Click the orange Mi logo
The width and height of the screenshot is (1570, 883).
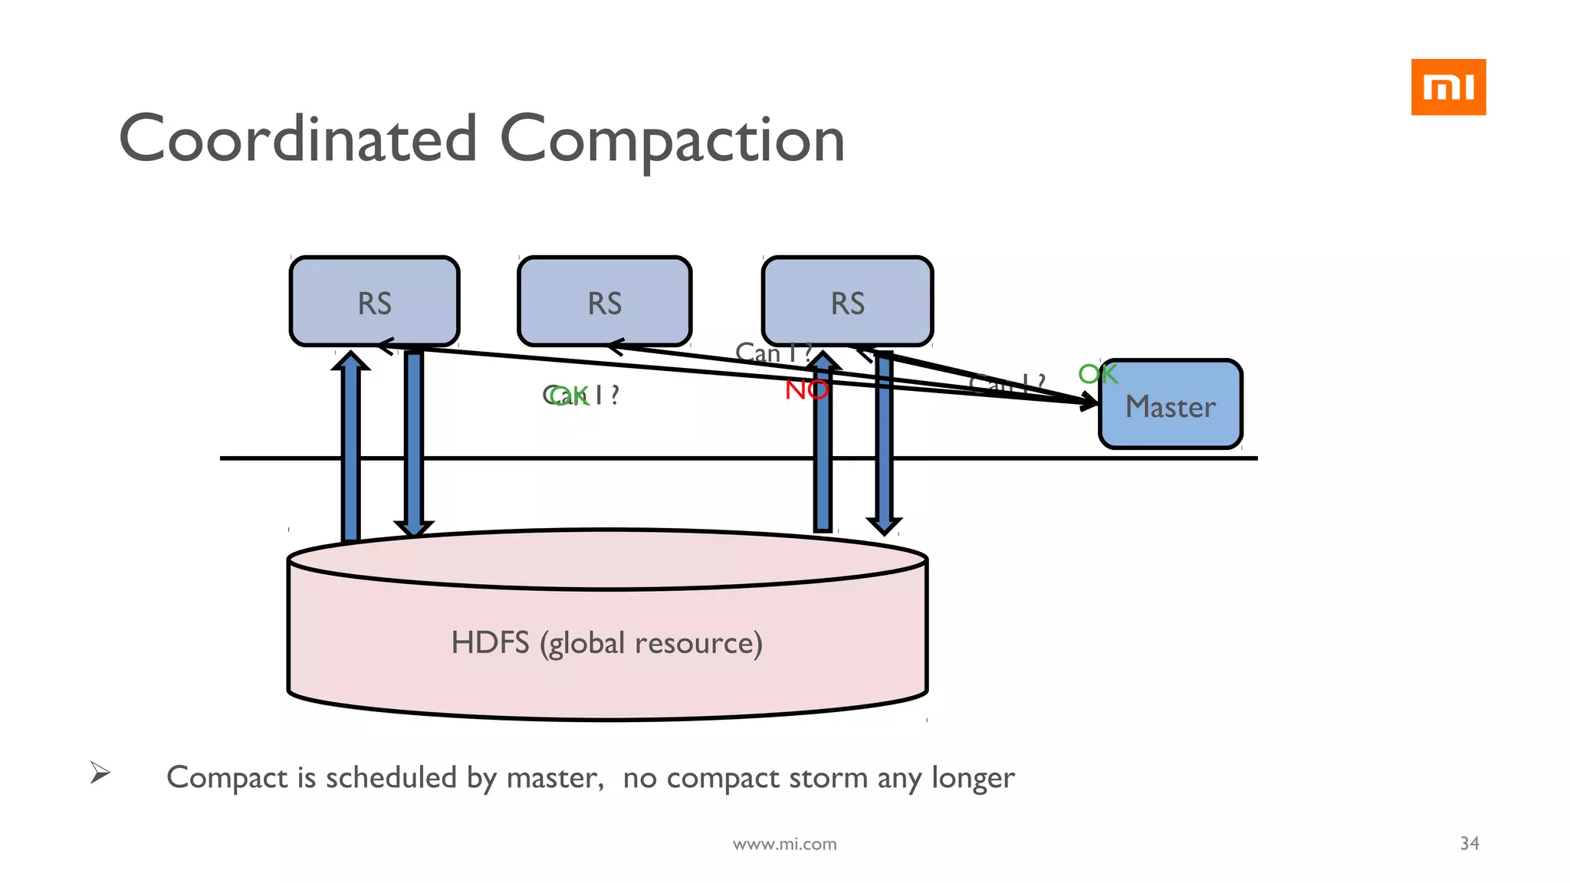(x=1447, y=87)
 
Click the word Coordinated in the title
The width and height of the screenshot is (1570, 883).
(x=298, y=140)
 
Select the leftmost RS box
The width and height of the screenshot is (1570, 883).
(x=374, y=302)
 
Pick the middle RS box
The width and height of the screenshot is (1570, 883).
(x=604, y=302)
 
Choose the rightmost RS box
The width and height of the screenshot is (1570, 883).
(x=847, y=302)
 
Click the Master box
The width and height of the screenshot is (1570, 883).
(x=1171, y=405)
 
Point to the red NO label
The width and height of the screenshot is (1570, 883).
(x=806, y=390)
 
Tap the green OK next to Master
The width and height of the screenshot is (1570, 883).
(x=1098, y=374)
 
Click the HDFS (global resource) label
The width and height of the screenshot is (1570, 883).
(x=606, y=642)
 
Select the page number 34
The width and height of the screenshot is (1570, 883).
(x=1469, y=843)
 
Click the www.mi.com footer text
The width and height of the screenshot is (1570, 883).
(x=784, y=844)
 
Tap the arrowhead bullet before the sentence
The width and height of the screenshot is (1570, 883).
(x=100, y=772)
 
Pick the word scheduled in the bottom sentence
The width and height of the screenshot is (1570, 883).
(x=391, y=777)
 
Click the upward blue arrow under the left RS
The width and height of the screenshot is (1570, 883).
(x=350, y=445)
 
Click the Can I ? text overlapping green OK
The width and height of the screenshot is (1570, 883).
(x=581, y=396)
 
